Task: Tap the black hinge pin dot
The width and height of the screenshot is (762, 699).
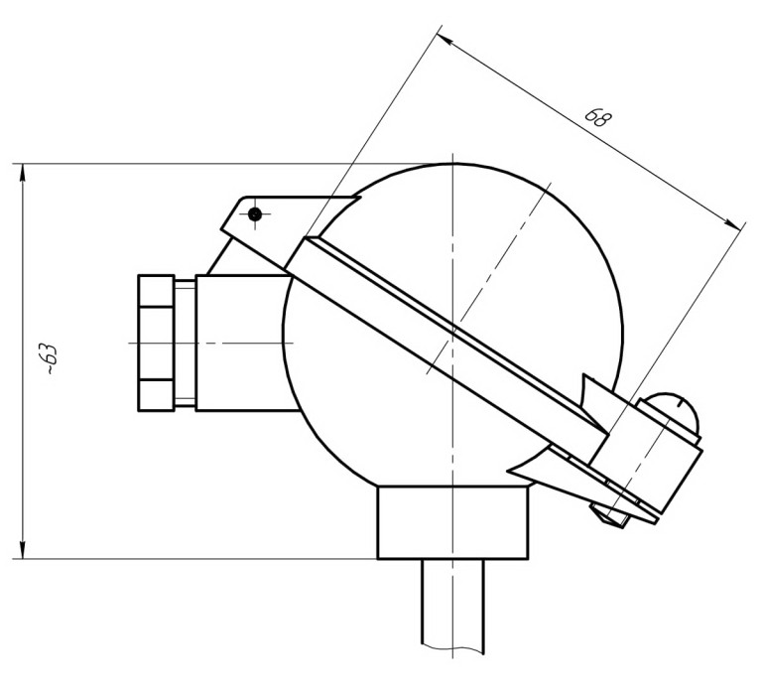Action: [255, 214]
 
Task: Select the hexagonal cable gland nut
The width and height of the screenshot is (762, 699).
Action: [156, 343]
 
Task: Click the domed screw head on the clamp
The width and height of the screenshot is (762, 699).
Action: [673, 413]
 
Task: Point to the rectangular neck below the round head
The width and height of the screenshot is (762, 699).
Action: [452, 522]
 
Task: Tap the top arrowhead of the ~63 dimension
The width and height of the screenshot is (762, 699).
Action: [22, 173]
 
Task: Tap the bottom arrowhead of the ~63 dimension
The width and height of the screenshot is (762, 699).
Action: [22, 550]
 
